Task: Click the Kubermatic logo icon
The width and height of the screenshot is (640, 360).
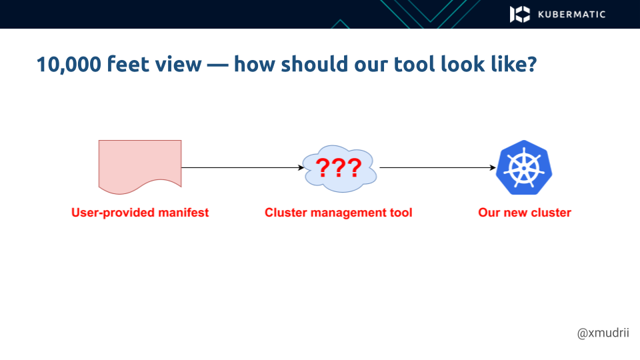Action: (x=520, y=14)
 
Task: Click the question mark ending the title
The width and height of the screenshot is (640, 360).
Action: (x=530, y=65)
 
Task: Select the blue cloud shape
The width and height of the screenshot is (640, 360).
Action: (x=339, y=168)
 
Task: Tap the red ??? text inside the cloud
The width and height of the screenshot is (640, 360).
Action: (x=339, y=168)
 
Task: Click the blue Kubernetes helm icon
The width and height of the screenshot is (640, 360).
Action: (x=525, y=167)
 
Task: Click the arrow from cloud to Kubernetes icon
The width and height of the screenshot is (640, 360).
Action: (x=437, y=168)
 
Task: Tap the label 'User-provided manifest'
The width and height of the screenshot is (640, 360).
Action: (x=140, y=213)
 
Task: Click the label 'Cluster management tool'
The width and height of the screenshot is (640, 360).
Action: (x=339, y=213)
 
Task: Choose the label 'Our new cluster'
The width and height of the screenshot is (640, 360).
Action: (x=525, y=213)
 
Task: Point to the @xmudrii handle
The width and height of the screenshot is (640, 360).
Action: (x=603, y=333)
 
